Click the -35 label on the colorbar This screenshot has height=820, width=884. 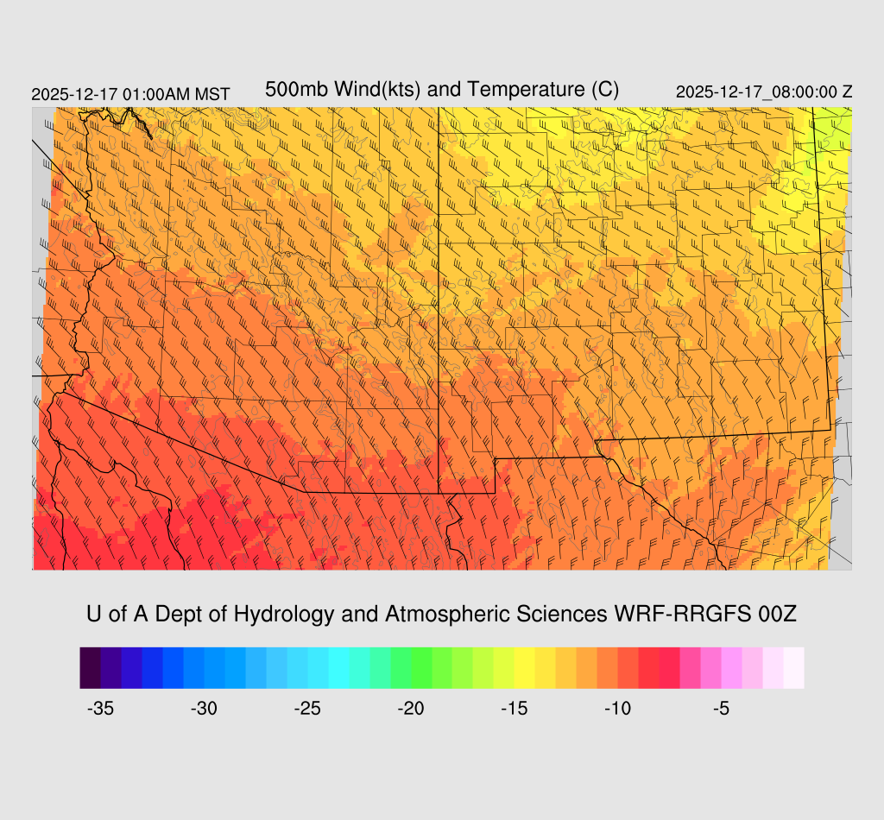tap(100, 709)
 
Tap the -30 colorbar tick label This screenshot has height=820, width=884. tap(204, 709)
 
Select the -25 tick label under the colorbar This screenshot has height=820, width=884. tap(307, 709)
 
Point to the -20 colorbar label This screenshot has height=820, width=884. tap(411, 709)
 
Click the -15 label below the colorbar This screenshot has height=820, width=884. tap(515, 709)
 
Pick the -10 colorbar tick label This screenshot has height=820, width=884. tap(618, 709)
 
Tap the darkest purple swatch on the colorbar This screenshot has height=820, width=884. tap(90, 668)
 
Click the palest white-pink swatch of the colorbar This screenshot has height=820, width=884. tap(793, 668)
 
